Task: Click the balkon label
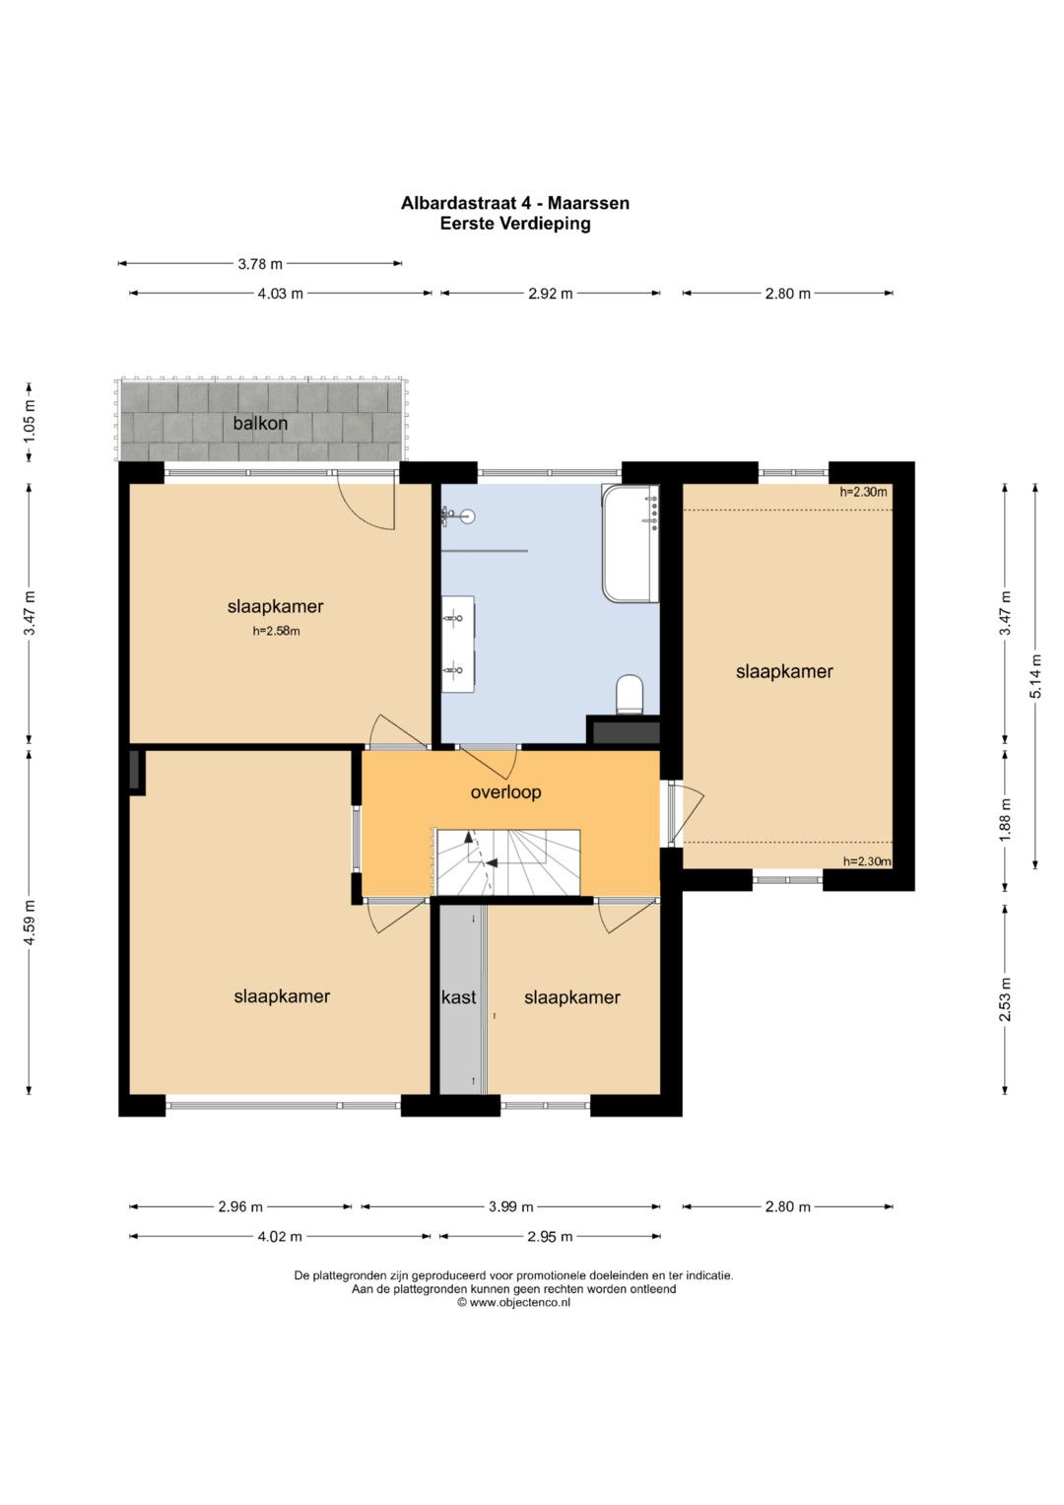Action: coord(260,423)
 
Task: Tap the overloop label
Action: coord(505,792)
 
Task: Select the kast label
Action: coord(459,997)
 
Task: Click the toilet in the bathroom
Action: coord(630,694)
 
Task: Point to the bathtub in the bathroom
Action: coord(631,542)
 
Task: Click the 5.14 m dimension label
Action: coord(1035,676)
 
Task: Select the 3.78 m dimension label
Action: coord(260,264)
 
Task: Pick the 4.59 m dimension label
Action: coord(29,922)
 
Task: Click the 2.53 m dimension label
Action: coord(1005,999)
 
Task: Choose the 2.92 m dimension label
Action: coord(551,294)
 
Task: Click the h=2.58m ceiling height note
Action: coord(276,631)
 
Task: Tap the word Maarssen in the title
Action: coord(589,203)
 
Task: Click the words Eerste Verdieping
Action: coord(515,224)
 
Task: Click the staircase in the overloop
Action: coord(508,862)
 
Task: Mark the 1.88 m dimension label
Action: coord(1005,820)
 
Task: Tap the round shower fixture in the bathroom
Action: coord(468,516)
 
